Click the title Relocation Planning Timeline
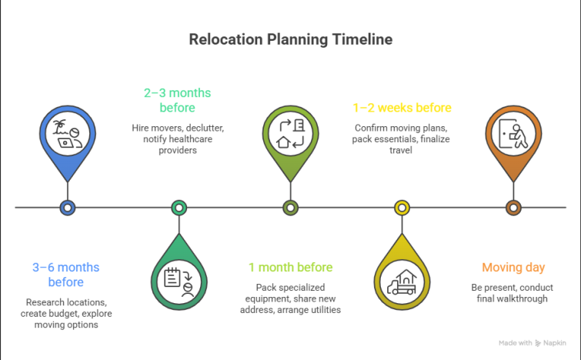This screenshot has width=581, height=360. point(291,39)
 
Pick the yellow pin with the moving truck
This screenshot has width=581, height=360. point(402,278)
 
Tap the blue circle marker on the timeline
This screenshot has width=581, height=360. point(68,207)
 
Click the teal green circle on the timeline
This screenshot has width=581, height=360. point(179,207)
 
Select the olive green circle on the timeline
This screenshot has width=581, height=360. point(290,207)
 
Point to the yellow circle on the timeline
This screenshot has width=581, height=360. point(402,207)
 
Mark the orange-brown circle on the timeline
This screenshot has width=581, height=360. point(513,207)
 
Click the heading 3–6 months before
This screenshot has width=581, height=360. point(66,275)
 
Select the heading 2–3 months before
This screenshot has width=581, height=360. point(178,100)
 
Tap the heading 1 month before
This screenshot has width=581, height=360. point(290,268)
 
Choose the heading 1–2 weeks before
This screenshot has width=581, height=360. point(402,108)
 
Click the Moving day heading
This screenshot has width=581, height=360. point(513,268)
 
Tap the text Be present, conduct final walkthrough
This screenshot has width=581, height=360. point(513,292)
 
